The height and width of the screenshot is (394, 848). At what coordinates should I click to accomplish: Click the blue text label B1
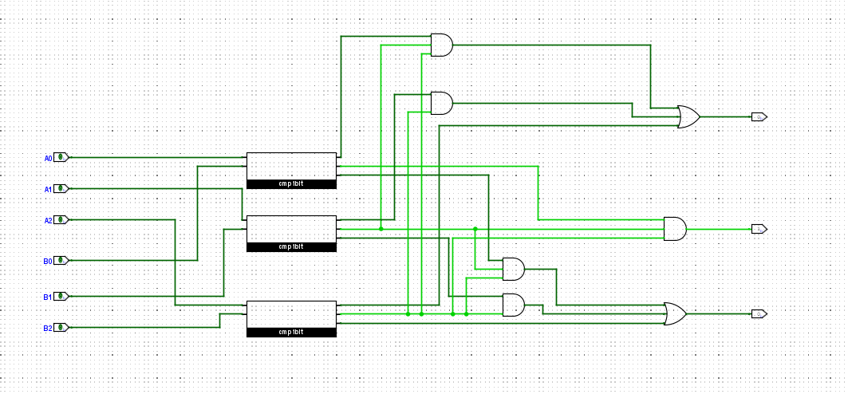[47, 297]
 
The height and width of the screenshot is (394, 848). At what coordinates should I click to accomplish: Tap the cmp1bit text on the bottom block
[291, 332]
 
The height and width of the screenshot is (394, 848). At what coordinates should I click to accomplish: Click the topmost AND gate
[440, 45]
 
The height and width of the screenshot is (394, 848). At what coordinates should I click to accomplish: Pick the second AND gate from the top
[440, 103]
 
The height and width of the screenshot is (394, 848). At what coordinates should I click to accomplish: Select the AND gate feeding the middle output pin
[674, 229]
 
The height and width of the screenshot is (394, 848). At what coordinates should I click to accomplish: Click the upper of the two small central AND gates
[513, 269]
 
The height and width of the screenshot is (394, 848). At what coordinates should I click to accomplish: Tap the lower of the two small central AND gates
[513, 304]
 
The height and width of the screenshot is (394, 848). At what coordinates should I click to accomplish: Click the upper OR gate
[688, 117]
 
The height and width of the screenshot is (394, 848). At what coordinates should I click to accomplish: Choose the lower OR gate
[676, 313]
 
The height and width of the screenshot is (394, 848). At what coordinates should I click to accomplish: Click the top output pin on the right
[759, 117]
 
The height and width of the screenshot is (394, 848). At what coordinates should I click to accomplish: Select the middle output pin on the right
[759, 229]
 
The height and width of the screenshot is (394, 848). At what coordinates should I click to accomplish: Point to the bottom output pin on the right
[759, 313]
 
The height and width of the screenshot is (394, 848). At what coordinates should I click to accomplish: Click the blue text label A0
[47, 159]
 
